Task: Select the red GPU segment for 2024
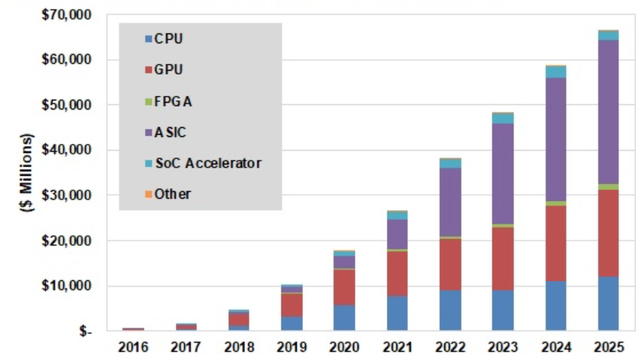click(x=555, y=243)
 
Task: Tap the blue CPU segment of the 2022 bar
click(x=450, y=310)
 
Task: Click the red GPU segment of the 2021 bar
click(x=397, y=273)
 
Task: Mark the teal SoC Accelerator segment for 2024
click(x=555, y=72)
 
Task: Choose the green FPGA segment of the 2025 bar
click(x=607, y=186)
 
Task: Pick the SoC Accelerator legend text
click(x=208, y=163)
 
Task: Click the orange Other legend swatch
click(x=148, y=194)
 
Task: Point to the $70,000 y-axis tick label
click(x=71, y=14)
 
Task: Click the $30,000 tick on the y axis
click(x=71, y=196)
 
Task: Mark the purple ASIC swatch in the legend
click(x=148, y=132)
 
